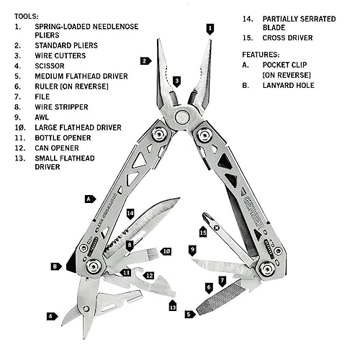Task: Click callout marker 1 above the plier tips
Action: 210,29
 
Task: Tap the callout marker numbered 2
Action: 145,61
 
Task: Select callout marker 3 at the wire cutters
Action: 176,81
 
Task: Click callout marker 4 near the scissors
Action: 51,316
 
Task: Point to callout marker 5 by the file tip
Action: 189,314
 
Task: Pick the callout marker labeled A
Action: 90,198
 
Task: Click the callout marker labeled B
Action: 55,266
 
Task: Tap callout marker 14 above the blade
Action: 130,213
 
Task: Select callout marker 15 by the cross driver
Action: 203,232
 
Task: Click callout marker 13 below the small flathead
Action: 173,306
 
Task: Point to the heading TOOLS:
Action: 27,15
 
